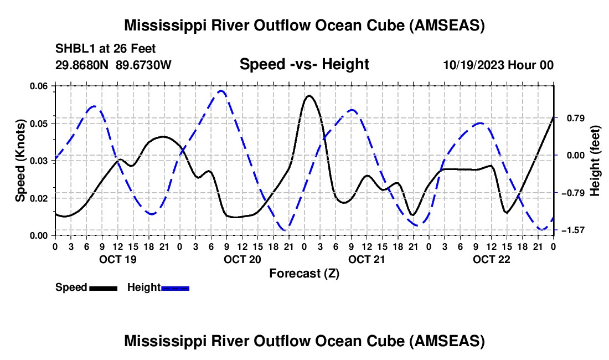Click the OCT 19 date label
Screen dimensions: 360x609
pyautogui.click(x=117, y=259)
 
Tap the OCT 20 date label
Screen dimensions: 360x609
pyautogui.click(x=242, y=259)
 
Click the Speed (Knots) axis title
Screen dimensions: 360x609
pyautogui.click(x=20, y=160)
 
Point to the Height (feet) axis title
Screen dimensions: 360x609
pyautogui.click(x=595, y=160)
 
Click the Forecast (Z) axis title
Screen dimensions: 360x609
pyautogui.click(x=303, y=273)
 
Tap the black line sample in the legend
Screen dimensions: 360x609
pyautogui.click(x=104, y=288)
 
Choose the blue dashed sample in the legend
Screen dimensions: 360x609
pyautogui.click(x=176, y=288)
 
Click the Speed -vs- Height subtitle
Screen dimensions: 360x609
pyautogui.click(x=304, y=64)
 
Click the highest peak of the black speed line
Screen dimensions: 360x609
pyautogui.click(x=308, y=96)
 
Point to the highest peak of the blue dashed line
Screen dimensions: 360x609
pyautogui.click(x=221, y=90)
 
